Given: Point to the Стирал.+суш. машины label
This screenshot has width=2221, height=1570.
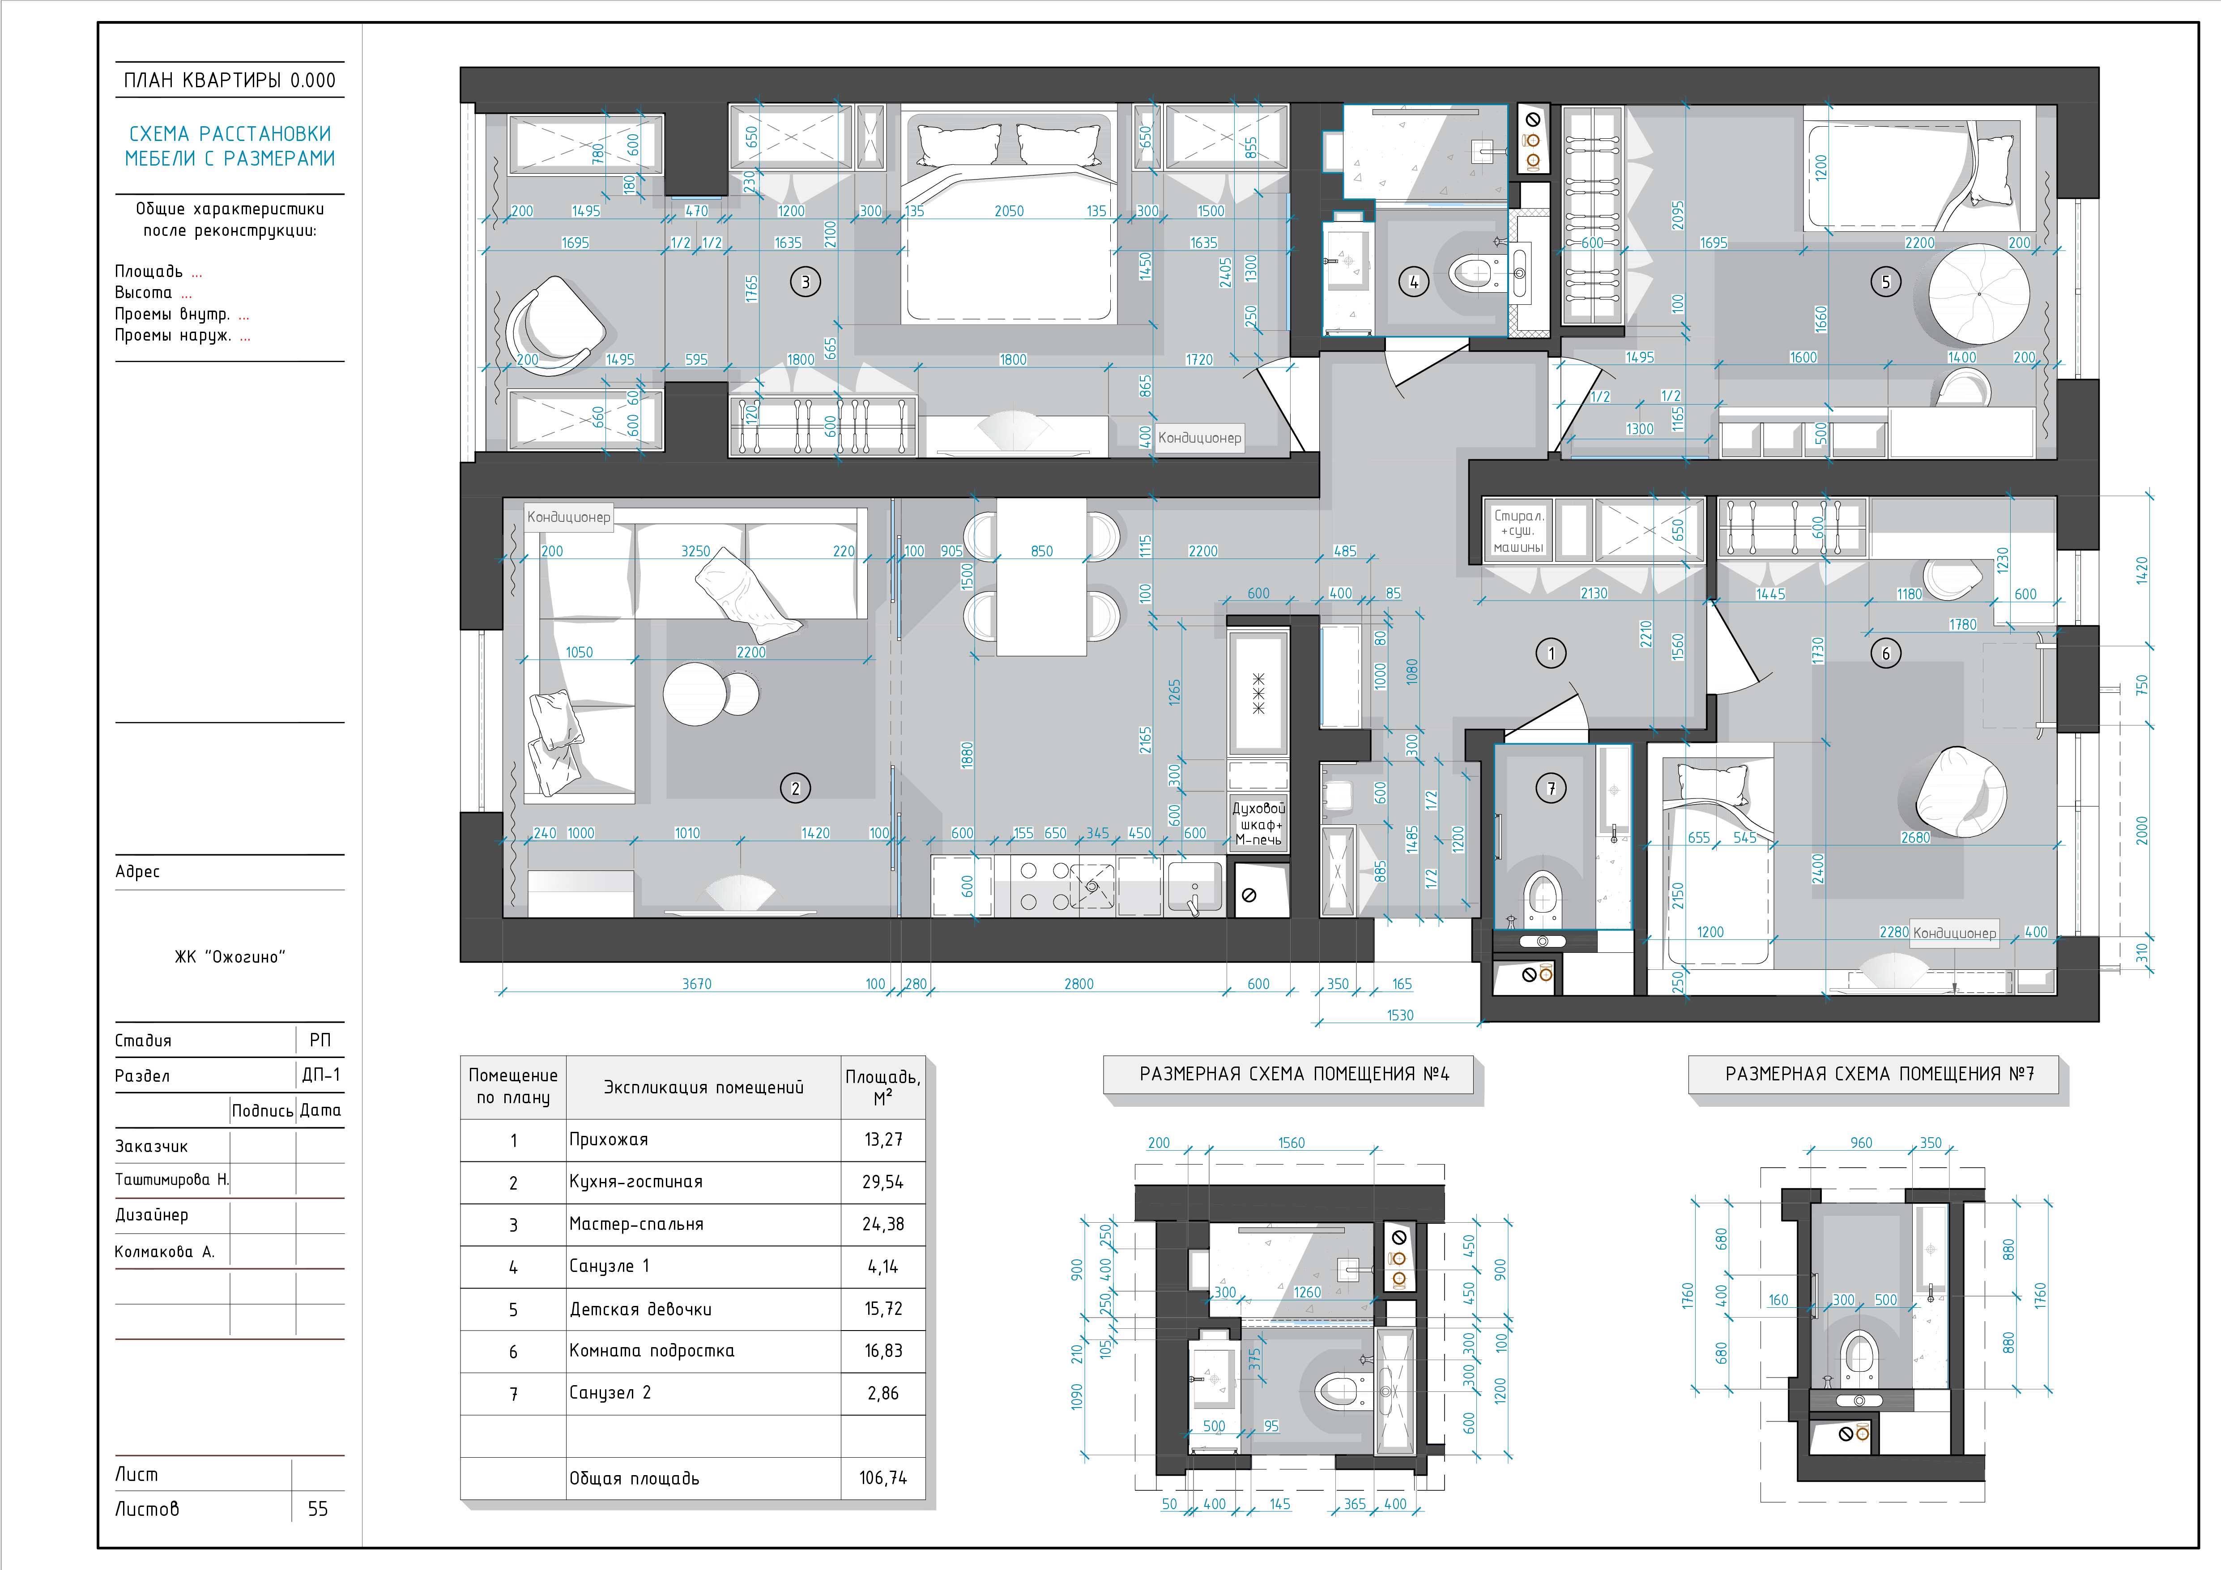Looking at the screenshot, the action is (1519, 531).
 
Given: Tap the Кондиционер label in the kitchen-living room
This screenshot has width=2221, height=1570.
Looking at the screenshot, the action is (569, 516).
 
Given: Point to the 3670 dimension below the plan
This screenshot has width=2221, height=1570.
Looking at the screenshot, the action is (696, 984).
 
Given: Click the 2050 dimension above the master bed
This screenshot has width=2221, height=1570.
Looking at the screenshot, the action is (1009, 211).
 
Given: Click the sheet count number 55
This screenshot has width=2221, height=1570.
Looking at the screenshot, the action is (317, 1508).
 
